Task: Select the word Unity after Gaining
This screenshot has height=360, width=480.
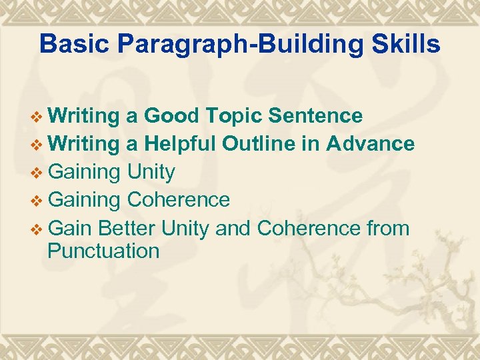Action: coord(151,173)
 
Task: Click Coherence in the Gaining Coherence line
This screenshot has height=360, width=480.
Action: coord(178,200)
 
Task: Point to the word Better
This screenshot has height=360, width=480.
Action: coord(127,228)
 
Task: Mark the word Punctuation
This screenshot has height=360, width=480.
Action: coord(103,251)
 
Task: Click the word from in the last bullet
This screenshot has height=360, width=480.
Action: coord(388,228)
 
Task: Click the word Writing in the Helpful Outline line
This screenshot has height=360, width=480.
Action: coord(83,144)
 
